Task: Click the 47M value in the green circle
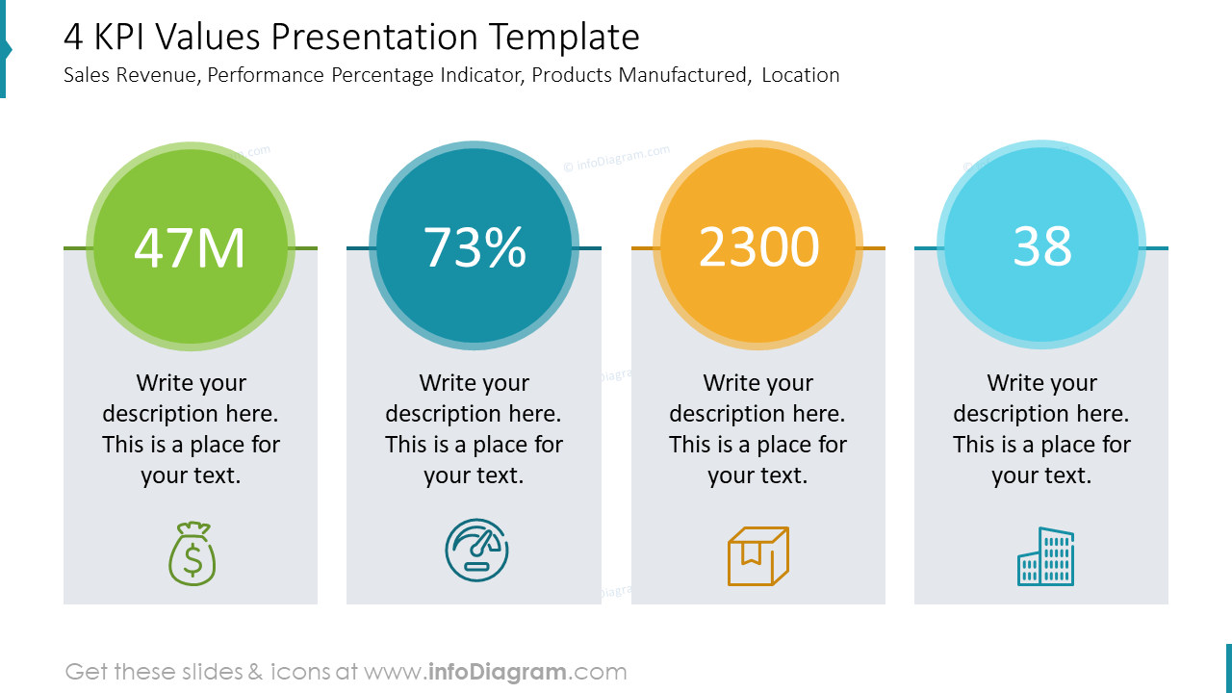[190, 247]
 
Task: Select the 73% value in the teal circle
[475, 247]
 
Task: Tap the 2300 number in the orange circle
[758, 247]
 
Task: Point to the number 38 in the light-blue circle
[1041, 247]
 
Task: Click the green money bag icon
[192, 554]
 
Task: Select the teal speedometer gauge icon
[476, 551]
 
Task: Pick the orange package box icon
[758, 555]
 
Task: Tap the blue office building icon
[1045, 556]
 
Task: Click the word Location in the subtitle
[800, 75]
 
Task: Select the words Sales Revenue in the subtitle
[131, 75]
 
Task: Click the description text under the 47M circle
[191, 429]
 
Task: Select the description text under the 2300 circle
[757, 429]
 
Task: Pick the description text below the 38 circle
[1041, 429]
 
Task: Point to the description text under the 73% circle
[474, 429]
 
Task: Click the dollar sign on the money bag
[192, 560]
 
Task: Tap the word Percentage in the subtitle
[383, 75]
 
